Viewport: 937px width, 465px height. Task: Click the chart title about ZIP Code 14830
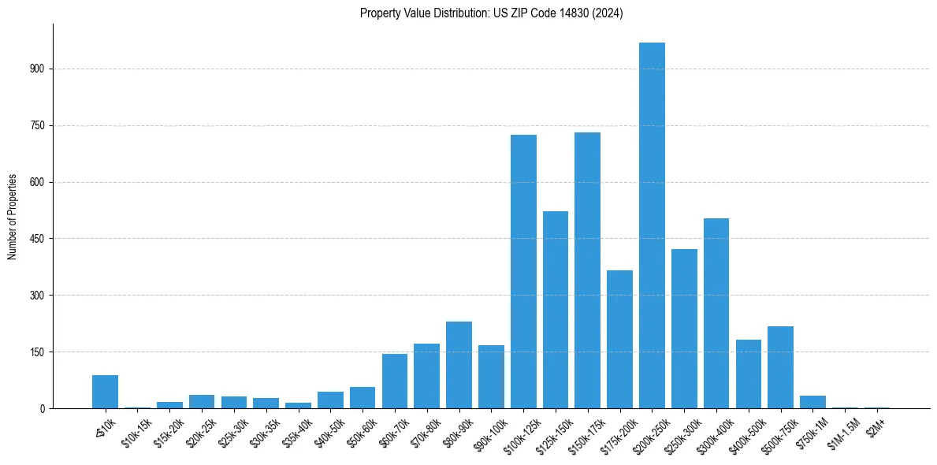pos(491,13)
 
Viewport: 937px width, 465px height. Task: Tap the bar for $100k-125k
pos(523,272)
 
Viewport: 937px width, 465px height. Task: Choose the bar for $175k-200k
pos(619,340)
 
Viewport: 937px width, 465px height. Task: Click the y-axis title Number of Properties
pos(13,217)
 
